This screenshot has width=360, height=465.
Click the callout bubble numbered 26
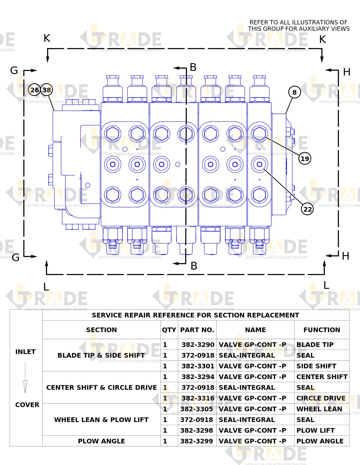click(34, 90)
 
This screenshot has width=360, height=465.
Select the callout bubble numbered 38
click(47, 90)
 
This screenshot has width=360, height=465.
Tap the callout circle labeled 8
click(295, 92)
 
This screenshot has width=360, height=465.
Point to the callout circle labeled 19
click(305, 158)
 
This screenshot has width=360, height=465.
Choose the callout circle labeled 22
click(307, 209)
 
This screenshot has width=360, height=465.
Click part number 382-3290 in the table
click(198, 344)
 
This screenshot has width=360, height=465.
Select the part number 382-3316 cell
click(198, 398)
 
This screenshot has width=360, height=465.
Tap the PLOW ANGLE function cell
click(320, 441)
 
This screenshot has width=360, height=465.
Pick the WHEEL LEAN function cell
click(319, 409)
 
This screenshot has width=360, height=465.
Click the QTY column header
click(169, 330)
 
